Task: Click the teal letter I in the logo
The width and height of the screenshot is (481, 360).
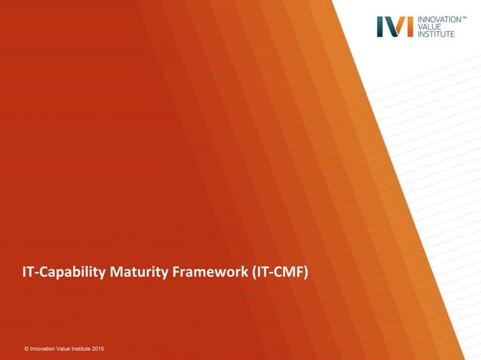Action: pyautogui.click(x=380, y=26)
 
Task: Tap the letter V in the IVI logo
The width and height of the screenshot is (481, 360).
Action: pyautogui.click(x=394, y=26)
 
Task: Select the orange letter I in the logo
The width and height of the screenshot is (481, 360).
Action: pyautogui.click(x=409, y=26)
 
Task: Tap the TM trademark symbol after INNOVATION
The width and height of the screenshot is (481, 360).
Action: pyautogui.click(x=464, y=17)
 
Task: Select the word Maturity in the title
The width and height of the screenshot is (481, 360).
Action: pyautogui.click(x=139, y=272)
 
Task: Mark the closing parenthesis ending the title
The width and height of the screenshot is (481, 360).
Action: pyautogui.click(x=306, y=272)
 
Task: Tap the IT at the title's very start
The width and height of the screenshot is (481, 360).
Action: pyautogui.click(x=28, y=272)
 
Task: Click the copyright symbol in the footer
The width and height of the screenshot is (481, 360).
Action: pyautogui.click(x=26, y=349)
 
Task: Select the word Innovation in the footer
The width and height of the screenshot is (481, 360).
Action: pyautogui.click(x=44, y=349)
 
